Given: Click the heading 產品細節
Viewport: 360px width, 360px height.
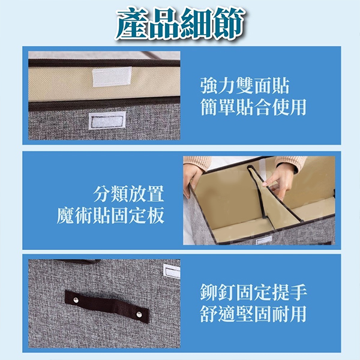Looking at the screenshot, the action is point(180,24).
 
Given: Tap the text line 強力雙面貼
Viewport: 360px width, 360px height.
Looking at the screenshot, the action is point(245,86).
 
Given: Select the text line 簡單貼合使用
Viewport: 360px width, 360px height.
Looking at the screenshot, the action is point(253,107).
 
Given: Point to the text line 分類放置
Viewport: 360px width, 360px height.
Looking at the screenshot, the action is point(128,194).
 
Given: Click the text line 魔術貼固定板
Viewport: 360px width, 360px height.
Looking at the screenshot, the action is point(110,215).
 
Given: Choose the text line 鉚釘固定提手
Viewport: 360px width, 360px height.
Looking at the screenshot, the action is point(253,292).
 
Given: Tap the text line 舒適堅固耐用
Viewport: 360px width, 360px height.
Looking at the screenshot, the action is point(253,314).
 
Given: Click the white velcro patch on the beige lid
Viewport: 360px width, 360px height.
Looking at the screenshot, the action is point(112,77).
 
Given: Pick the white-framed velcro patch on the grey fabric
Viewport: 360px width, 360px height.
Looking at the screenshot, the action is point(107,121).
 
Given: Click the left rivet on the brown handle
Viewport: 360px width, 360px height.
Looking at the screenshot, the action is point(76,300).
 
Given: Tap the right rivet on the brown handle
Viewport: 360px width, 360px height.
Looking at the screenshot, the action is point(139,314).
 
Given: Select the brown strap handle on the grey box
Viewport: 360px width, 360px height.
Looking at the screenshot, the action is point(107,307).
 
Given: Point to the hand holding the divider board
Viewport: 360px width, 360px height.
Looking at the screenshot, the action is point(278,179).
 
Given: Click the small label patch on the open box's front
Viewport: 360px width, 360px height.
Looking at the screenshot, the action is point(264,240).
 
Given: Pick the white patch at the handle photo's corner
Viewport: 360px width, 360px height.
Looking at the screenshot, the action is point(172,271).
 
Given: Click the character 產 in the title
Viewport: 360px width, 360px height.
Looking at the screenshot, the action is point(131,24).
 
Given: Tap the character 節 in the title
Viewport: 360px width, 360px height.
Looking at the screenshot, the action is point(228,24).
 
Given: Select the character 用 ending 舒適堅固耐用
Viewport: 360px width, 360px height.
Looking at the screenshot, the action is point(298,314).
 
